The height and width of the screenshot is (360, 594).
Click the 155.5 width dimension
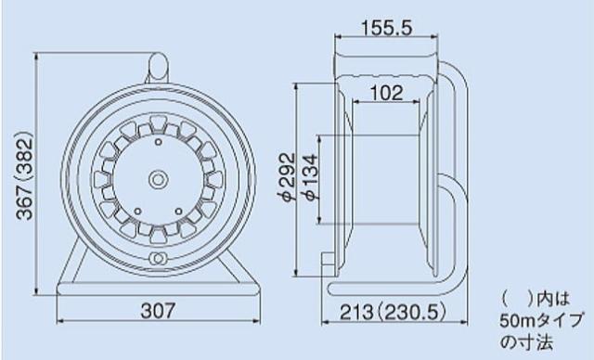[386, 28]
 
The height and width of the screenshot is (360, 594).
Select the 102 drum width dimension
[386, 93]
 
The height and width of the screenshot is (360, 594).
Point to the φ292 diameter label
[287, 177]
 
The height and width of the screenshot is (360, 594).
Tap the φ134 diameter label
[309, 177]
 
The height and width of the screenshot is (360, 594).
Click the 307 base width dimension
[158, 311]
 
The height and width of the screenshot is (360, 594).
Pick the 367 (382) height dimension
[25, 175]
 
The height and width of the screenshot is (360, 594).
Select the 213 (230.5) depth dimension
[393, 313]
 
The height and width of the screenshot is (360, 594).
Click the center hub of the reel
[158, 179]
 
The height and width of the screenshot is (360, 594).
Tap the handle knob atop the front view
[158, 68]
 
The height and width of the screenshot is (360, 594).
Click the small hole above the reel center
[159, 142]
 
